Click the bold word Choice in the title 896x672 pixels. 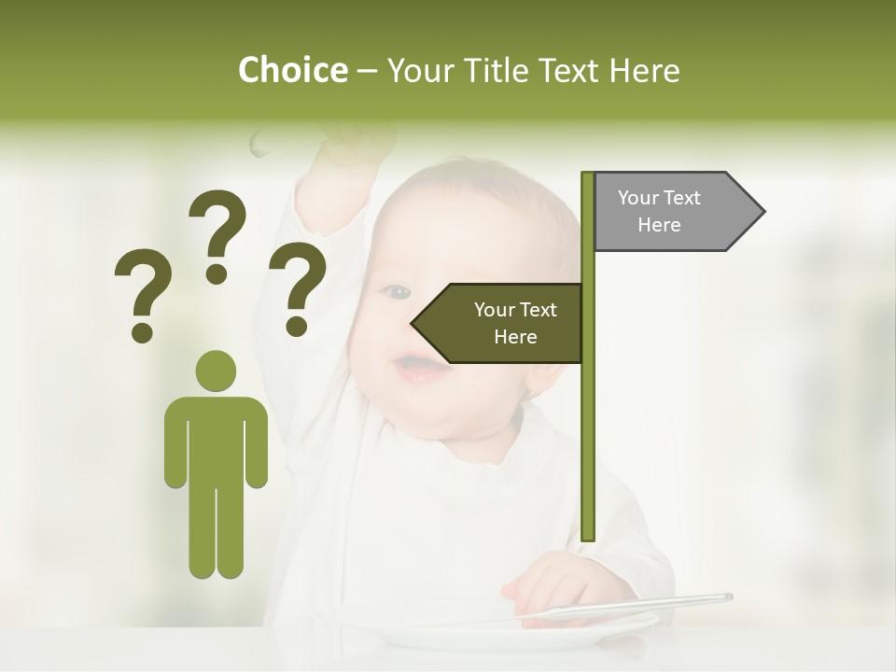292,70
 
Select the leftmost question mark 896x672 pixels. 142,293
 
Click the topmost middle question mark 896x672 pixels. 217,235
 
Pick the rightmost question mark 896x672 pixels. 298,287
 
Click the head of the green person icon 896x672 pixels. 217,371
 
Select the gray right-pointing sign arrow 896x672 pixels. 678,212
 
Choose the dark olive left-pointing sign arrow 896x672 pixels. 498,323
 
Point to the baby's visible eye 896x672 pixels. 397,292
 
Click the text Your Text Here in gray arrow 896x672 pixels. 659,211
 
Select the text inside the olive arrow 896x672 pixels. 515,323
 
